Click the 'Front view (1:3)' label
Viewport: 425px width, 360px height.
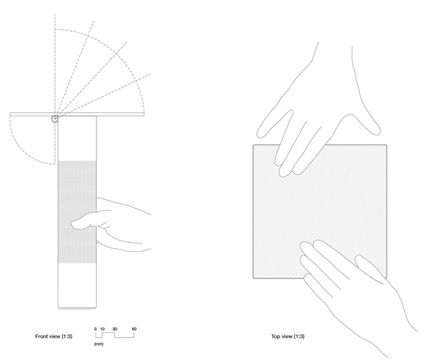tap(54, 336)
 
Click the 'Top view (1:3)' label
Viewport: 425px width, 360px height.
tap(287, 336)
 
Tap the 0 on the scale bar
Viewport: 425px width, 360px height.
tap(96, 329)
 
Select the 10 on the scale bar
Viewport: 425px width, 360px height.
tap(102, 329)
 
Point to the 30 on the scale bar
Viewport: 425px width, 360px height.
tap(115, 329)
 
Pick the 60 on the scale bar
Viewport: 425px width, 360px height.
tap(134, 329)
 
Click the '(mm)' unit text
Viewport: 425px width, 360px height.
tap(99, 344)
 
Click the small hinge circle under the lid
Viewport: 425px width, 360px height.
tap(55, 119)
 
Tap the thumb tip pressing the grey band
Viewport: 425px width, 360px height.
tap(73, 224)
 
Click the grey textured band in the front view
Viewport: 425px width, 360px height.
tap(77, 211)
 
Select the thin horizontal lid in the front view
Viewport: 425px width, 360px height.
tap(77, 114)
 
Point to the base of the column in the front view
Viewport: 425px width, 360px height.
tap(77, 308)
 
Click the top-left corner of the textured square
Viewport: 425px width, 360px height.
tap(253, 145)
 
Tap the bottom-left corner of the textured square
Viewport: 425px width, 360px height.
tap(253, 278)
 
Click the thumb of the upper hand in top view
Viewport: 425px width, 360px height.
tap(274, 123)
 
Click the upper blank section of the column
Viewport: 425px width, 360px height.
tap(77, 138)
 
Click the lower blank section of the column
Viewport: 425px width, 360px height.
tap(77, 285)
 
